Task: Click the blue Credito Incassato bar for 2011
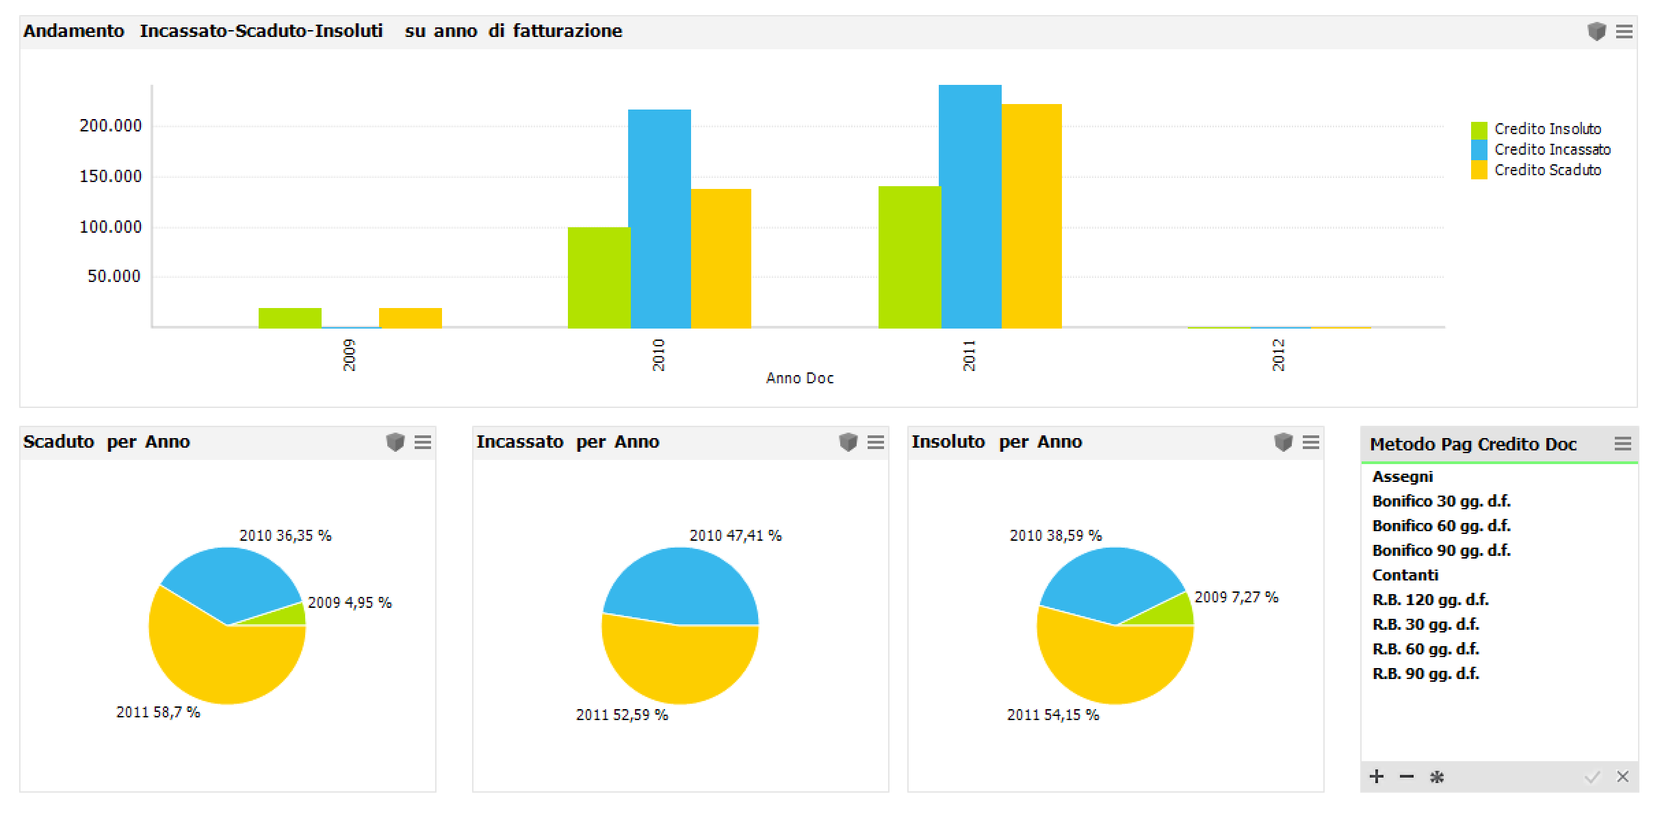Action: coord(970,205)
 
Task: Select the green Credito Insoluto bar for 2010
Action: coord(599,277)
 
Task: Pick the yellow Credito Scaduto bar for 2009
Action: coord(411,318)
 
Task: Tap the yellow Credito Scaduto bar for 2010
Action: coord(721,258)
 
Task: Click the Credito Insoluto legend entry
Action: coord(1547,129)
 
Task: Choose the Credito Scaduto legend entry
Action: coord(1547,170)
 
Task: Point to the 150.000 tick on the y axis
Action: coord(111,177)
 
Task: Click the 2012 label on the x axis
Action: coord(1278,355)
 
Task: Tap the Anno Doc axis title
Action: coord(800,379)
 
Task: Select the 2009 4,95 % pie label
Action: coord(350,603)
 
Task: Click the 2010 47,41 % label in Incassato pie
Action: coord(736,536)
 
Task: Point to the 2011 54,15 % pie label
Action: coord(1053,715)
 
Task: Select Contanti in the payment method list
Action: coord(1405,575)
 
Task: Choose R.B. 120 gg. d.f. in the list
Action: coord(1431,600)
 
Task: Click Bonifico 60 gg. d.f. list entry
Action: coord(1441,526)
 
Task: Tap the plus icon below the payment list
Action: coord(1377,776)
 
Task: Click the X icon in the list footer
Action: coord(1623,776)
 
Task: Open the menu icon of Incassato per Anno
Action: coord(876,443)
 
